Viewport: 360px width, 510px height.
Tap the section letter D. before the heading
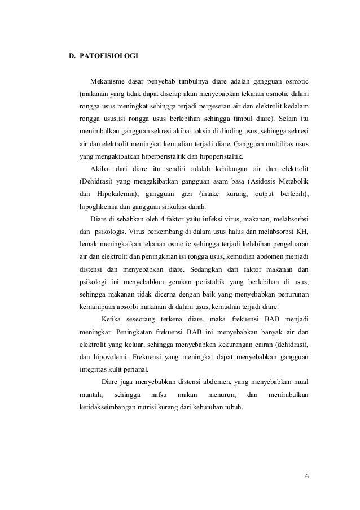[x=72, y=56]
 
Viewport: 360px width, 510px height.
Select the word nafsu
[x=154, y=393]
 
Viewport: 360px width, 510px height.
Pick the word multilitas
[x=279, y=145]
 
